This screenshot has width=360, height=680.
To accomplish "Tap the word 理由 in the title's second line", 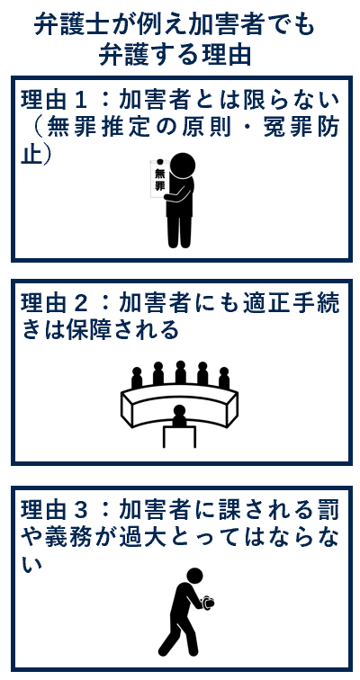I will [x=227, y=55].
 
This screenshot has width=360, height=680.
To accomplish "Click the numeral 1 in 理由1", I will [x=89, y=100].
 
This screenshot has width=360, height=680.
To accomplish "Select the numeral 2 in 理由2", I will [x=89, y=303].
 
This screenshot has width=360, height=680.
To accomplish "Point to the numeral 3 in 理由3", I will [x=89, y=509].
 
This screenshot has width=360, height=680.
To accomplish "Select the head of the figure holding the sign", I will [x=182, y=166].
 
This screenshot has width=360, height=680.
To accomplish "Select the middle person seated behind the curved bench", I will [x=180, y=371].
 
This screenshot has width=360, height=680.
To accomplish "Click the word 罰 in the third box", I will [x=328, y=509].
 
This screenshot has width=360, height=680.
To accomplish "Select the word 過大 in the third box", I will [x=163, y=537].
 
